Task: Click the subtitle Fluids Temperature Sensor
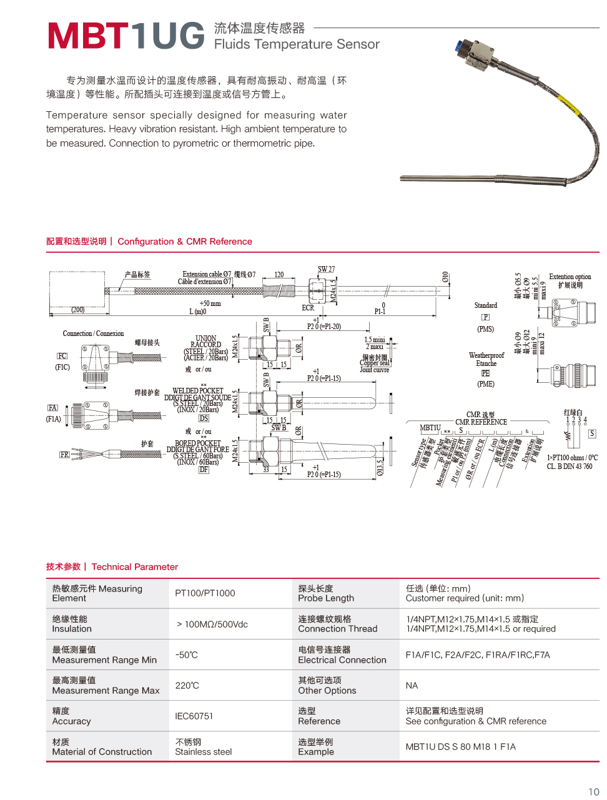[297, 44]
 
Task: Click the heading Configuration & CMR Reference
[185, 242]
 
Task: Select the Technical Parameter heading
[134, 567]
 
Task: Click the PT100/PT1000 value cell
[205, 593]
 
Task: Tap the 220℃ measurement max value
[187, 686]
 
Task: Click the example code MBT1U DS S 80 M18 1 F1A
[460, 747]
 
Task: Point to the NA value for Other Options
[412, 686]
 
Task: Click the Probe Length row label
[326, 598]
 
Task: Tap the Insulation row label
[72, 629]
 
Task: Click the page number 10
[593, 792]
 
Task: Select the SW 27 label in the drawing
[326, 270]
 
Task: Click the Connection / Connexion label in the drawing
[93, 333]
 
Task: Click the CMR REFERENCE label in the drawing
[481, 422]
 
